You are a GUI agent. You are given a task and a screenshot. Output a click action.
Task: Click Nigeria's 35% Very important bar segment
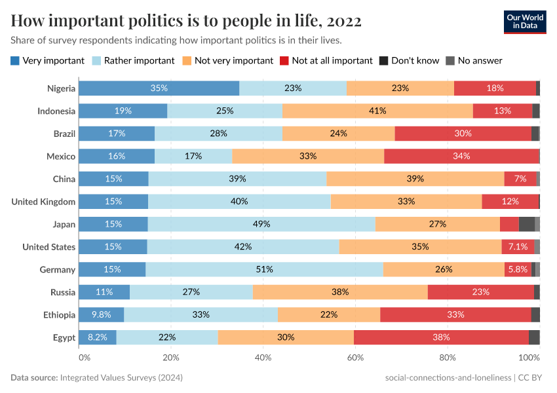tap(159, 88)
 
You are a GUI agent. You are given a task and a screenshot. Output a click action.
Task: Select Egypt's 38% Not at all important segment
tap(440, 337)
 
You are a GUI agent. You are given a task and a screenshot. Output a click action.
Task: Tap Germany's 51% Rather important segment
tap(264, 269)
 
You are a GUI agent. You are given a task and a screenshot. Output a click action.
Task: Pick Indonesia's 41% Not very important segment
tap(377, 111)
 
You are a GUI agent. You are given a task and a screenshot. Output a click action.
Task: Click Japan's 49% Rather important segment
tap(261, 224)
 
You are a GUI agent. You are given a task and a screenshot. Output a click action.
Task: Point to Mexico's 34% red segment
tap(461, 156)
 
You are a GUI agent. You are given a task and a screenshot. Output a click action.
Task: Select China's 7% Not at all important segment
tap(520, 179)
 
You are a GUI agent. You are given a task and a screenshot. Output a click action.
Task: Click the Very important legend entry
tap(48, 60)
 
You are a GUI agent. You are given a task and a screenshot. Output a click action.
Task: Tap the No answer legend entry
tap(474, 60)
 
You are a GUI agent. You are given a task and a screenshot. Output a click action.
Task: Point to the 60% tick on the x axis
tap(355, 358)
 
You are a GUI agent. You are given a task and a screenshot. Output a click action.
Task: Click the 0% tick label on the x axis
tap(85, 358)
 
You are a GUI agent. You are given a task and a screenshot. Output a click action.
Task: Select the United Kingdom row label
tap(43, 201)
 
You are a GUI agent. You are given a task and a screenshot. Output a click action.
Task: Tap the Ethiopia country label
tap(59, 314)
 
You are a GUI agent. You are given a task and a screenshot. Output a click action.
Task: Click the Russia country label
tap(63, 292)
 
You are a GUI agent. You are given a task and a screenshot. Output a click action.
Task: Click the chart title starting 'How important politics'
tap(186, 21)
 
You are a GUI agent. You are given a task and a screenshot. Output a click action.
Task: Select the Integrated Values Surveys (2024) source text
tap(121, 378)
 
